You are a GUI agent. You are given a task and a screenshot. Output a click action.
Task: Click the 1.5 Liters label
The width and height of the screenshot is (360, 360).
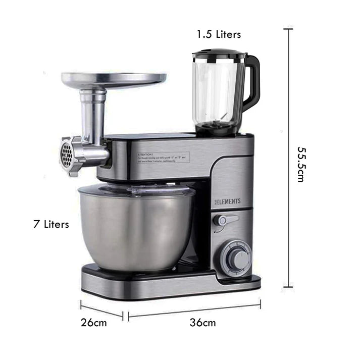219,34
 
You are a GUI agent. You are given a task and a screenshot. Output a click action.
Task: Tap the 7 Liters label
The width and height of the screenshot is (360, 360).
51,224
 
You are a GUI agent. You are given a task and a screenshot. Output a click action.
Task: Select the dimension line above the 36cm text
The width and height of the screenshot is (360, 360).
194,309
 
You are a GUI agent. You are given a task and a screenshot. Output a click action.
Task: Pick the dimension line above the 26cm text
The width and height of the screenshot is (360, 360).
101,310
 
